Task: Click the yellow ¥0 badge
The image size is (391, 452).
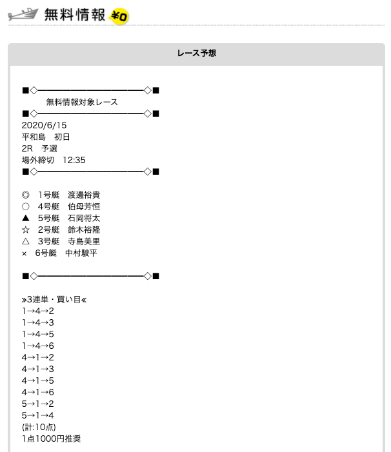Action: (x=119, y=15)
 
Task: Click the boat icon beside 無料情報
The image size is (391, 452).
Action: (x=24, y=15)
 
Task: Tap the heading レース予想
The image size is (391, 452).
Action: (x=196, y=54)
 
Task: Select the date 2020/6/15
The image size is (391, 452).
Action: (x=44, y=125)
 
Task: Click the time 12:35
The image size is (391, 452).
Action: (x=74, y=160)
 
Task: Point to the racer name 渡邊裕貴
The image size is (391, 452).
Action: (x=84, y=195)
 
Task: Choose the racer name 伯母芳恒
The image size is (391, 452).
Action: (x=84, y=206)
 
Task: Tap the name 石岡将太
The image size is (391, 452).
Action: (x=84, y=218)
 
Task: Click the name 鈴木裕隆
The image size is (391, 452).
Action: (x=84, y=230)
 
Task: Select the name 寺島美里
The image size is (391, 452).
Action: (x=84, y=241)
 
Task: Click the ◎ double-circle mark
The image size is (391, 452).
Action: (x=25, y=195)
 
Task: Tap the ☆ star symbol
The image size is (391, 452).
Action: (x=25, y=230)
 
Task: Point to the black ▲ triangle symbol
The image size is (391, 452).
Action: (x=25, y=218)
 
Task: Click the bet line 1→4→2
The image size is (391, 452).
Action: (x=37, y=311)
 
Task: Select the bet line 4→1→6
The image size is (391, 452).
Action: (x=37, y=392)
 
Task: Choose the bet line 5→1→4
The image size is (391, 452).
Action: (x=37, y=415)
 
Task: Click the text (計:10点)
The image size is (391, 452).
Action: (x=39, y=427)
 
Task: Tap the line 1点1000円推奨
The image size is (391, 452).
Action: (x=51, y=438)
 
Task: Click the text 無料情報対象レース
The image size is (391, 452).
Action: (x=82, y=102)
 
